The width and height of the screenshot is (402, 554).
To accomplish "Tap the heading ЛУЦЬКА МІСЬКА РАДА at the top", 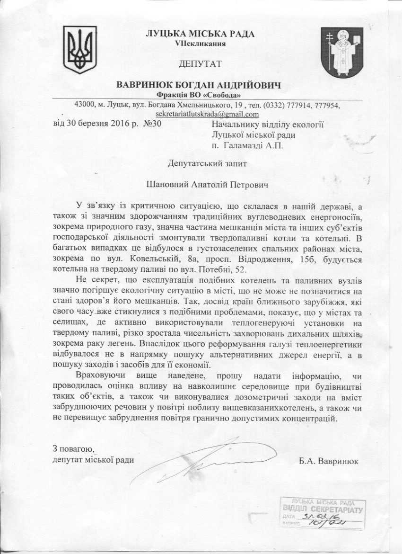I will click(200, 34).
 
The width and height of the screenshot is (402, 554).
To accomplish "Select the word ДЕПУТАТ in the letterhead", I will click(200, 63).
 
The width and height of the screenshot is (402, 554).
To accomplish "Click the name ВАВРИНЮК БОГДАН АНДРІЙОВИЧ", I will click(199, 85).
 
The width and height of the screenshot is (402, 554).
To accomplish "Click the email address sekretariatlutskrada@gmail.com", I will click(207, 114).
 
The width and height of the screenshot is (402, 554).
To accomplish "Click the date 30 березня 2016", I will click(94, 124).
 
